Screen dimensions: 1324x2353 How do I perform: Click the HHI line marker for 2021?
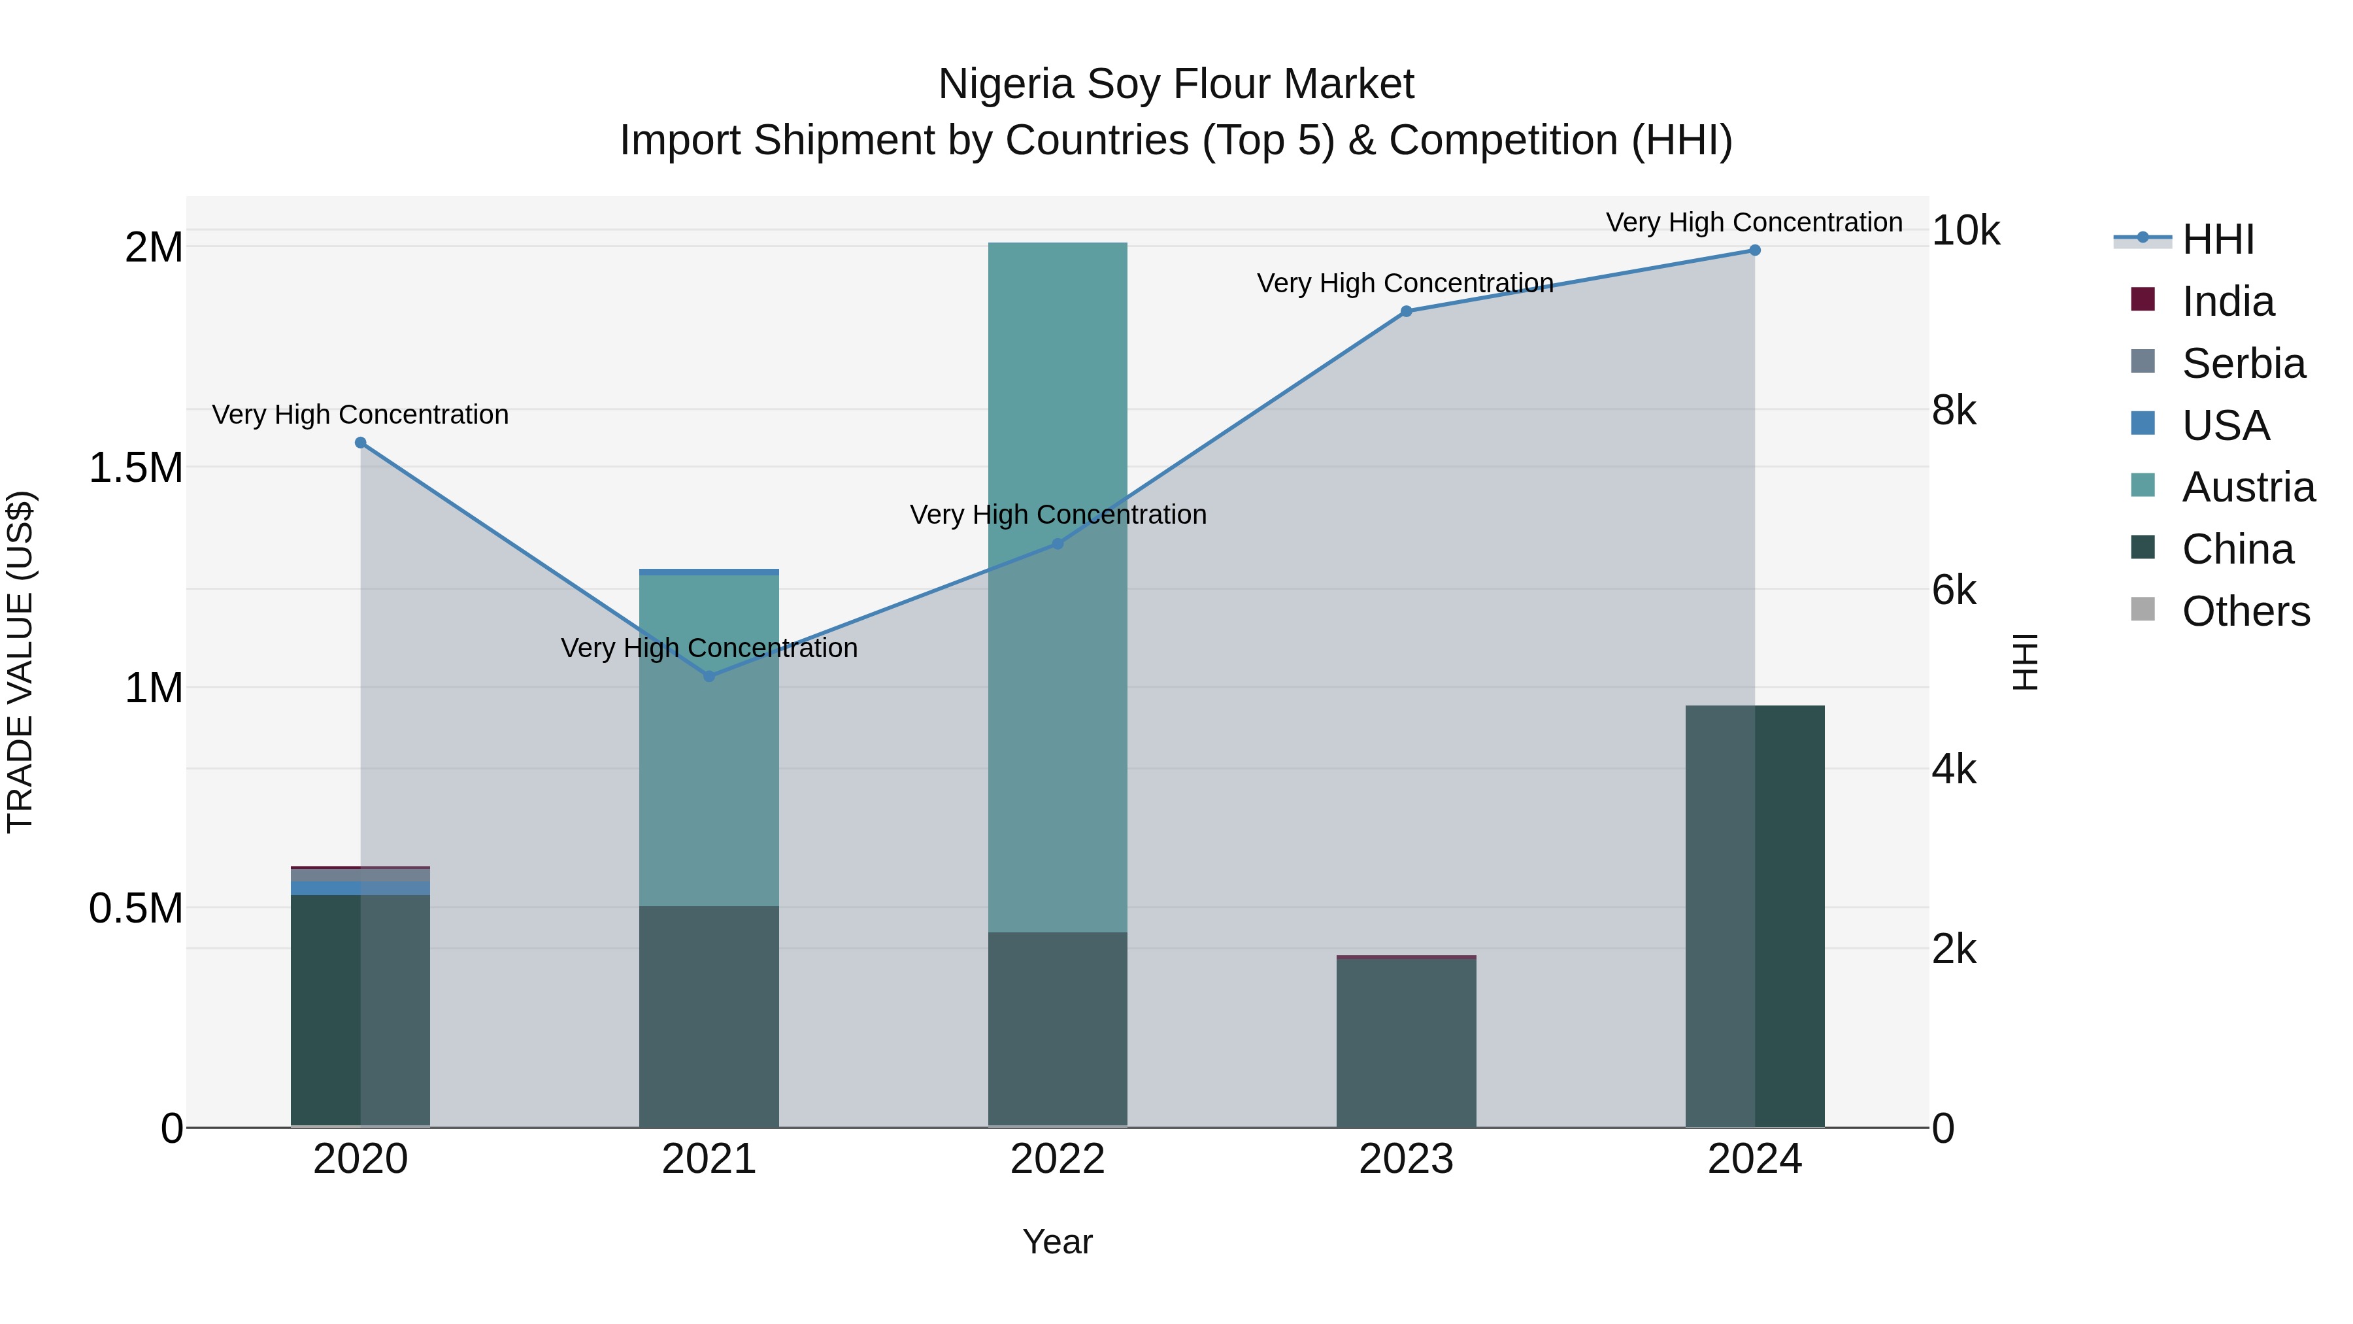pyautogui.click(x=709, y=676)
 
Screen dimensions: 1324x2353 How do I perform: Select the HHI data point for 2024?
pyautogui.click(x=1755, y=250)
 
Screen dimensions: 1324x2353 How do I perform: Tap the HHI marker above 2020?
pyautogui.click(x=360, y=443)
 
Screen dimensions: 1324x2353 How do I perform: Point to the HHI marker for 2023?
pyautogui.click(x=1407, y=312)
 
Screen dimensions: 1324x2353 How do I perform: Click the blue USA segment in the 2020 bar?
pyautogui.click(x=360, y=888)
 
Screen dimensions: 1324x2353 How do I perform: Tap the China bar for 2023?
pyautogui.click(x=1407, y=1042)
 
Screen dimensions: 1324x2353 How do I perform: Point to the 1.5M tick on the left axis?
pyautogui.click(x=135, y=468)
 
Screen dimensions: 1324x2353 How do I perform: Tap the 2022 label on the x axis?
pyautogui.click(x=1058, y=1159)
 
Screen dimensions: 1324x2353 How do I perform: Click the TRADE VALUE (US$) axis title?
pyautogui.click(x=20, y=662)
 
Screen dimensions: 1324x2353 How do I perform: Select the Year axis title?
pyautogui.click(x=1058, y=1242)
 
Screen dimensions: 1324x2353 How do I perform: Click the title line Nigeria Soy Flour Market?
pyautogui.click(x=1176, y=84)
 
